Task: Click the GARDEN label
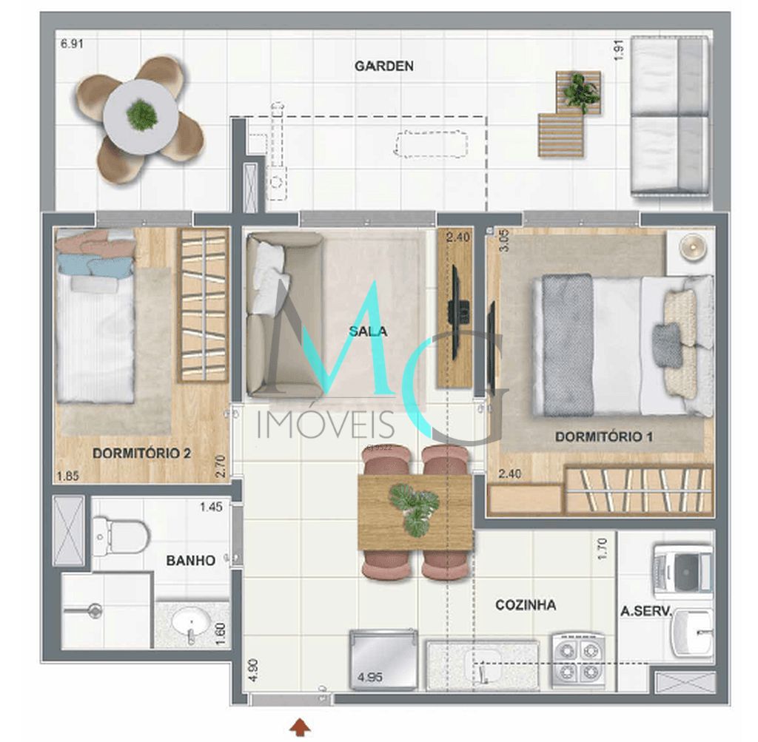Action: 383,66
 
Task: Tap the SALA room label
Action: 368,331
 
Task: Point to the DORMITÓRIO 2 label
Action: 141,453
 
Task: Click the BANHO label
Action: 190,561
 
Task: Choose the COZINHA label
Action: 526,605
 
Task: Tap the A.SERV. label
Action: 645,611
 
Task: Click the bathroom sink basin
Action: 189,624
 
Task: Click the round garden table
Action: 141,115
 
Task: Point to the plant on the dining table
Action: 415,508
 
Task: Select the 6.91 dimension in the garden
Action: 71,44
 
